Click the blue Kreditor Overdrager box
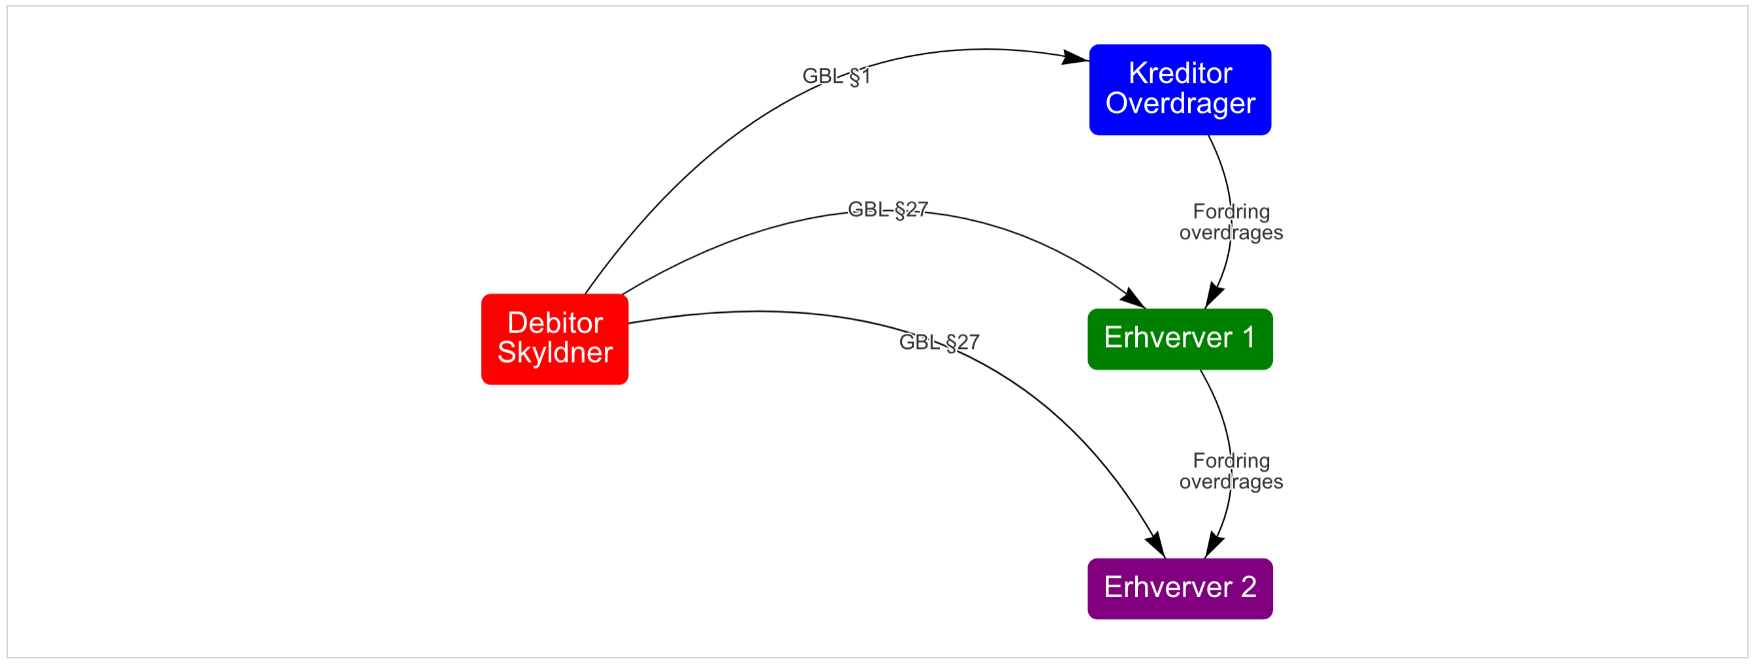(1180, 90)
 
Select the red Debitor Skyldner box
(555, 339)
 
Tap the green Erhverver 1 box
(1180, 339)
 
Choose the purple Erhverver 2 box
(1180, 589)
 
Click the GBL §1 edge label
(836, 76)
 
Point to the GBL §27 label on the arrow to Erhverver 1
(888, 210)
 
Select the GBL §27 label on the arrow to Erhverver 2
(939, 342)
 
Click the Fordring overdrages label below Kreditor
(1231, 221)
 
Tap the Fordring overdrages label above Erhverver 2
(1231, 470)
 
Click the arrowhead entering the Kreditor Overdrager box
(1076, 57)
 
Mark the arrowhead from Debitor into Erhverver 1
(1134, 298)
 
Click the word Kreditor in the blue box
(1180, 74)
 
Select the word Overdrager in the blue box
(1180, 104)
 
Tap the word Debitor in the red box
(555, 323)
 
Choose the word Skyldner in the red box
(555, 353)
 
